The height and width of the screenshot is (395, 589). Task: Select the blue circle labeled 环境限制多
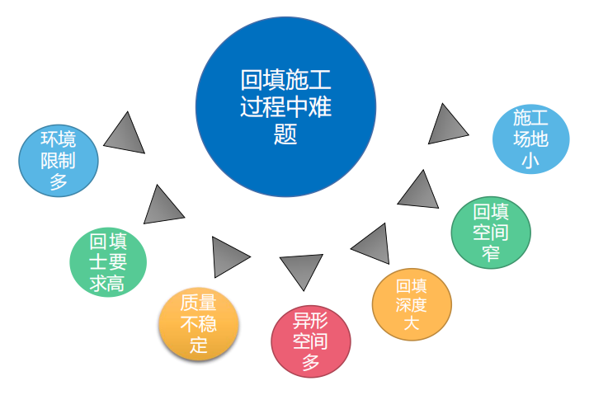(x=59, y=160)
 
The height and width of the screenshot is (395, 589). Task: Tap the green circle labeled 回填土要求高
(x=107, y=262)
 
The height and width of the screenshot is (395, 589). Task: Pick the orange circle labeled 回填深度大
(x=412, y=303)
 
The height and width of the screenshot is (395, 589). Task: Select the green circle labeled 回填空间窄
(x=491, y=232)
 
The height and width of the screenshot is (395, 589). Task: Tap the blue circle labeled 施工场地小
(x=530, y=139)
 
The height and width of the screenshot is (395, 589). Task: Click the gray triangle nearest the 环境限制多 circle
(x=125, y=133)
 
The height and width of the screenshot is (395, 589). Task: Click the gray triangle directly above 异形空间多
(x=300, y=270)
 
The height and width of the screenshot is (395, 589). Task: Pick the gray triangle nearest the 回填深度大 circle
(x=372, y=244)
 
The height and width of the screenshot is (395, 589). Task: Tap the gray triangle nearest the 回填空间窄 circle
(x=420, y=190)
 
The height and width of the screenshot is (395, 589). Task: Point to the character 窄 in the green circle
(x=491, y=252)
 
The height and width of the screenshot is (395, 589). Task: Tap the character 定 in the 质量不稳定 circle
(x=199, y=346)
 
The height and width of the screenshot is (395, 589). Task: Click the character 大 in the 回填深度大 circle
(x=412, y=323)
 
